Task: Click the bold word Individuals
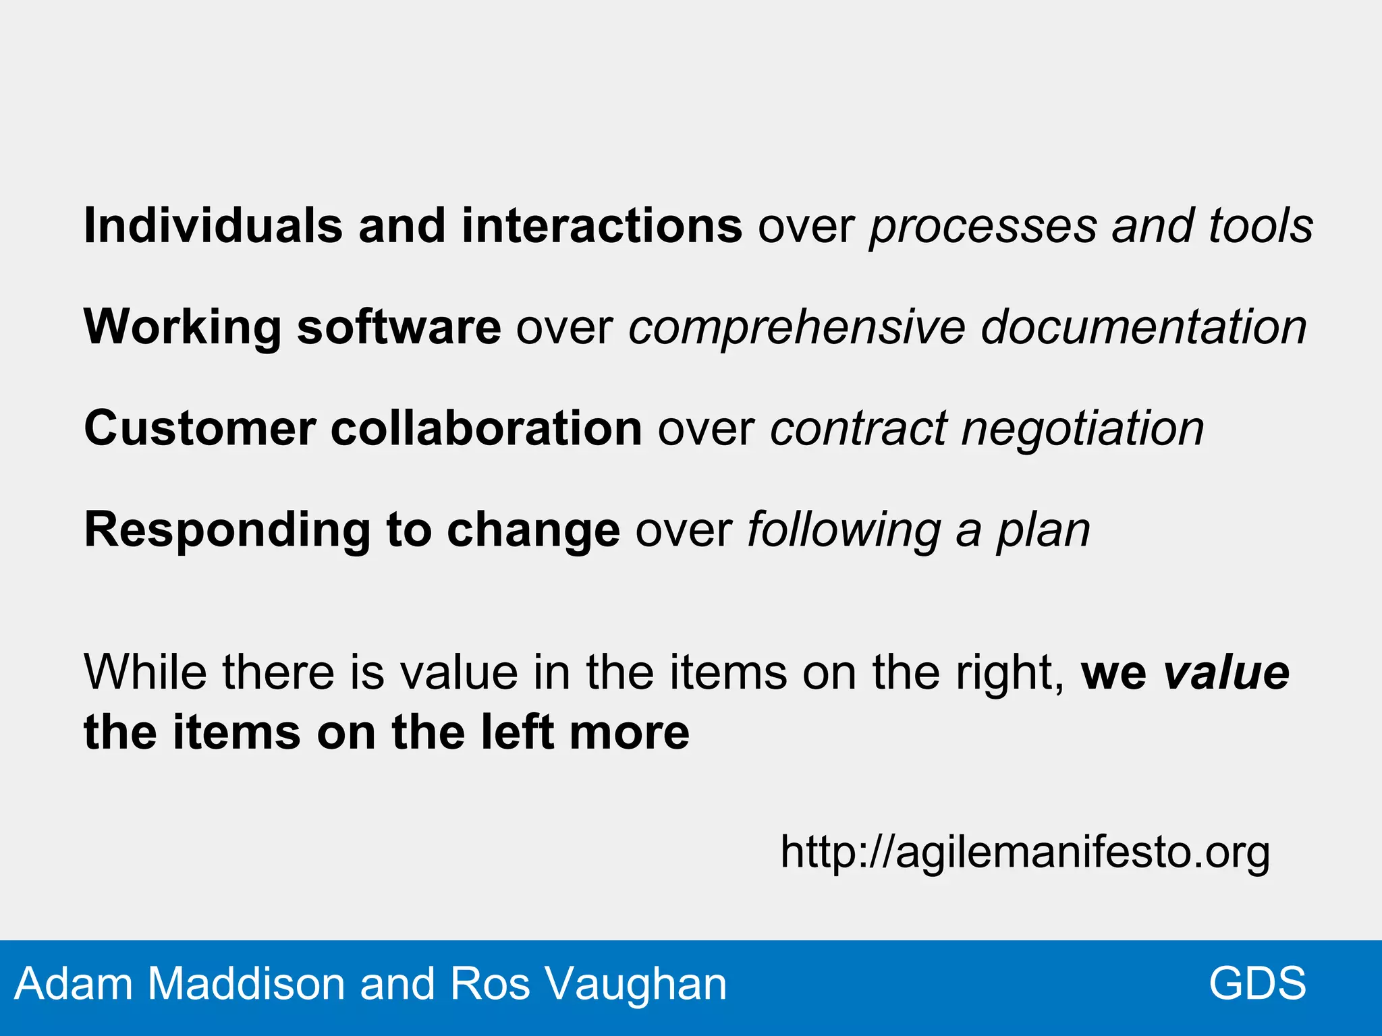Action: [213, 225]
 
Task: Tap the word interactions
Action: [602, 225]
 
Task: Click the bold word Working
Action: [182, 328]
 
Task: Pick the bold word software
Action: [399, 326]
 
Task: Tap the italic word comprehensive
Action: [797, 328]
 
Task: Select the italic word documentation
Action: [1144, 326]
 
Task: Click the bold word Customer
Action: [200, 428]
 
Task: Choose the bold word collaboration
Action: [486, 428]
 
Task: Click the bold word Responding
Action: [227, 531]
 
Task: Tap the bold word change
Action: [533, 531]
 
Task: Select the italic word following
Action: [844, 531]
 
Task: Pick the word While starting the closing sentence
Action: [145, 672]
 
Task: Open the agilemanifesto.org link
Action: [1025, 853]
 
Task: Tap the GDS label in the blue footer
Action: [1257, 983]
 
